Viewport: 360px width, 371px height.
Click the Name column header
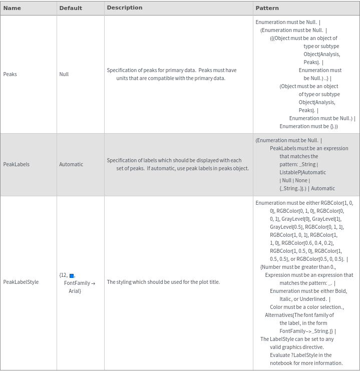click(12, 8)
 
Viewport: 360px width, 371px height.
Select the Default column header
click(71, 8)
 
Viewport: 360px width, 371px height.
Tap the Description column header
click(125, 8)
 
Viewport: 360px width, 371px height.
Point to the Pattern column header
click(267, 8)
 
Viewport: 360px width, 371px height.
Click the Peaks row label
click(10, 74)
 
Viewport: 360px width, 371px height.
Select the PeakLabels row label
click(17, 164)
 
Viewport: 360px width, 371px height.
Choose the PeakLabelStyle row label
click(21, 282)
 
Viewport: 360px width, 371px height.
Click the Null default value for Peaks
click(64, 74)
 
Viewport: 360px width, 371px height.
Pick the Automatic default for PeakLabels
click(71, 164)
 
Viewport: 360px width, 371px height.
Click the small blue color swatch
click(72, 276)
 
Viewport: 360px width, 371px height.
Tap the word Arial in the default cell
click(75, 291)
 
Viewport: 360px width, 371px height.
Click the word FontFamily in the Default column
click(77, 283)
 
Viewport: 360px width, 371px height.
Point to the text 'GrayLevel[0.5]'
click(286, 227)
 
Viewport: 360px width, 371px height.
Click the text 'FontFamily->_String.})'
click(306, 331)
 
